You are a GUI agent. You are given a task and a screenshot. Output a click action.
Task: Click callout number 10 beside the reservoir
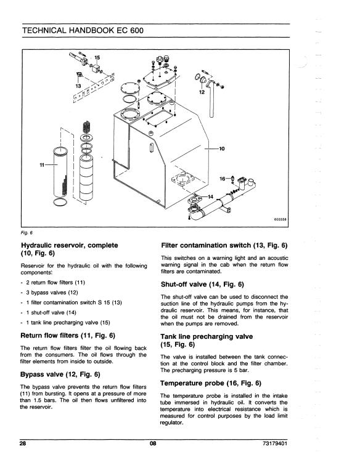coord(222,148)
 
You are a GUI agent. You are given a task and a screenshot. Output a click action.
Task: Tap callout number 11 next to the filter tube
coord(43,164)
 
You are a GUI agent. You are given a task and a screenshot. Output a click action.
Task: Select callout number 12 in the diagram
coord(202,92)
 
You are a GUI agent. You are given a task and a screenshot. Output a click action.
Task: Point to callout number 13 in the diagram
coord(78,86)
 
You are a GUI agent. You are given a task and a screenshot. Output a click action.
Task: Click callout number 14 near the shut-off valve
coord(210,196)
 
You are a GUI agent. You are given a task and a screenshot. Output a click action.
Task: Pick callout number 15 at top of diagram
coord(97,57)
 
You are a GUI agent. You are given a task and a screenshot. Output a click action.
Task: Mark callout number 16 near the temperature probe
coord(223,179)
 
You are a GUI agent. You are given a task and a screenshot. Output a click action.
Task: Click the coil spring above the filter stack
coord(86,128)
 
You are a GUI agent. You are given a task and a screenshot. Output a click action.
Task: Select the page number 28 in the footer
coord(23,443)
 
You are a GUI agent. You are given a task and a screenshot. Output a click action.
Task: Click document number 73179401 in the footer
coord(275,443)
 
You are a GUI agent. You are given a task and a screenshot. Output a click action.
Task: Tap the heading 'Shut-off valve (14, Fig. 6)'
coord(202,285)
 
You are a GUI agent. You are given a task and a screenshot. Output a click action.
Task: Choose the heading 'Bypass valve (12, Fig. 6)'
coord(60,374)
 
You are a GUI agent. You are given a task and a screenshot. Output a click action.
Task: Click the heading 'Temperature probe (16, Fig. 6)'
coord(211,383)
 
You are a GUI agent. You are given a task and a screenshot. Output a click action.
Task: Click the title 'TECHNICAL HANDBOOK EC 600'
coord(83,30)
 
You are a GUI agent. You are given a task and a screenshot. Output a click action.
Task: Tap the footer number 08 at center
coord(153,443)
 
